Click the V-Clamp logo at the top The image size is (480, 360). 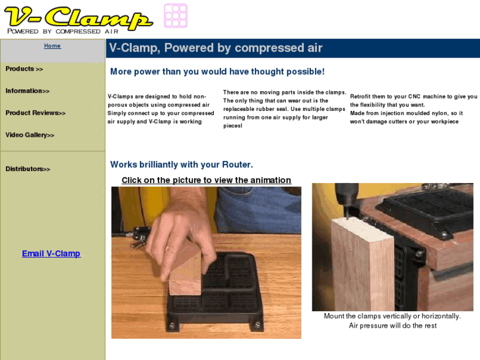78,18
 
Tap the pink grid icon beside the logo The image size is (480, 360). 176,15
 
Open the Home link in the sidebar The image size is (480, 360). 52,46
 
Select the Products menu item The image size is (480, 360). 24,69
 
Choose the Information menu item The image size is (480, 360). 28,91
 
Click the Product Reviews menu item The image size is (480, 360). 36,113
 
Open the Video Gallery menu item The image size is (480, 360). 30,135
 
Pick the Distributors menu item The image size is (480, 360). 28,169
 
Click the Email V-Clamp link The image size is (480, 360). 51,254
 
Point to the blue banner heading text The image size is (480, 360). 216,48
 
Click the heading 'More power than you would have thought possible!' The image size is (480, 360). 217,71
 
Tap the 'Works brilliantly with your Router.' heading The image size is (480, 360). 182,164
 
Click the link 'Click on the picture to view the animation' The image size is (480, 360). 206,180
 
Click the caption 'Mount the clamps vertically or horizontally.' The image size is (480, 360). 392,316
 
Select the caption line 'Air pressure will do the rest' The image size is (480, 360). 392,326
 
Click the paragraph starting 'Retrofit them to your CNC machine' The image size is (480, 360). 413,109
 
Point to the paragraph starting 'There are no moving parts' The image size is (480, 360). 285,109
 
